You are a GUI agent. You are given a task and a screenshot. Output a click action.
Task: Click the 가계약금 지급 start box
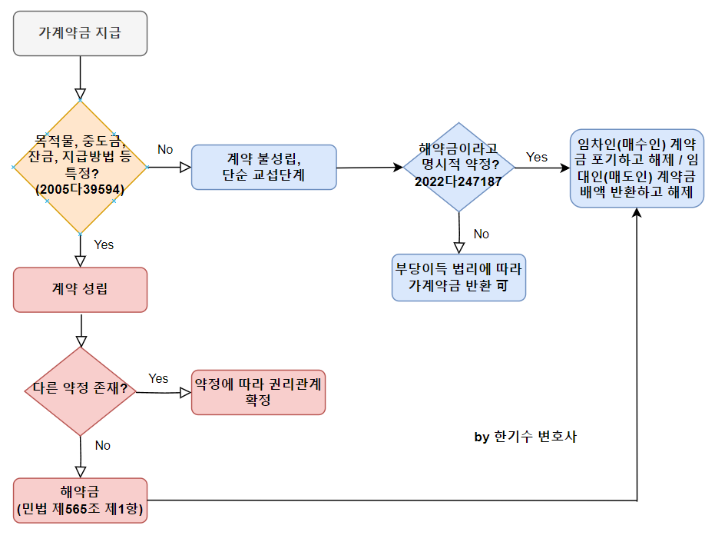(80, 33)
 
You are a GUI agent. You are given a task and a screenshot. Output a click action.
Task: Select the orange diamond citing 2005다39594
(80, 167)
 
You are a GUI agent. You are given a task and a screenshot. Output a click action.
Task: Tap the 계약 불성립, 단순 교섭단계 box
(264, 167)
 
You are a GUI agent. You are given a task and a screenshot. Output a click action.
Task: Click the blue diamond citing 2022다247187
(458, 167)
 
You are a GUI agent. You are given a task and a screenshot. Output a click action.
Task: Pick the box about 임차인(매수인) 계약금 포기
(637, 168)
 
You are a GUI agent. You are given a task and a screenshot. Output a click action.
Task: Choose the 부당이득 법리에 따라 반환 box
(458, 277)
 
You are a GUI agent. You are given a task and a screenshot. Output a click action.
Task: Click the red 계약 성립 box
(80, 289)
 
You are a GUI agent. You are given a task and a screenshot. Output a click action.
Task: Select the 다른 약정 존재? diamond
(80, 391)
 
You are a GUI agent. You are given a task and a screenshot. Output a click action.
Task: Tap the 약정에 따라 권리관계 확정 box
(258, 391)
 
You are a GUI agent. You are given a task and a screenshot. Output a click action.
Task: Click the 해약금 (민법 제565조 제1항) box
(80, 500)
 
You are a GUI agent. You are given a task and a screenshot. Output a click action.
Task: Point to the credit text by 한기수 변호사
(525, 437)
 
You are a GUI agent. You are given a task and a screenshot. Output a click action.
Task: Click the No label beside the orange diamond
(165, 148)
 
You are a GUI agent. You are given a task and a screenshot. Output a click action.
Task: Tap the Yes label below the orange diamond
(104, 244)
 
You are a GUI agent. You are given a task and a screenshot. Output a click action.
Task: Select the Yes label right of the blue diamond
(537, 157)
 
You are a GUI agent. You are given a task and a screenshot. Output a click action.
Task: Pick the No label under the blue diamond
(481, 234)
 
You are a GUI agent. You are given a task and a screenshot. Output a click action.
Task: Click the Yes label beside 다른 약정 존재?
(158, 378)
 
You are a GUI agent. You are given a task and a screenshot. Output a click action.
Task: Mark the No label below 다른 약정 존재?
(103, 445)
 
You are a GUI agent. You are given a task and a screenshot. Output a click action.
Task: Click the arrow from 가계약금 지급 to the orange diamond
(80, 78)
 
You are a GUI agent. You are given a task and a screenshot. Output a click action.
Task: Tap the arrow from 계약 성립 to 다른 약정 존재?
(80, 329)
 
